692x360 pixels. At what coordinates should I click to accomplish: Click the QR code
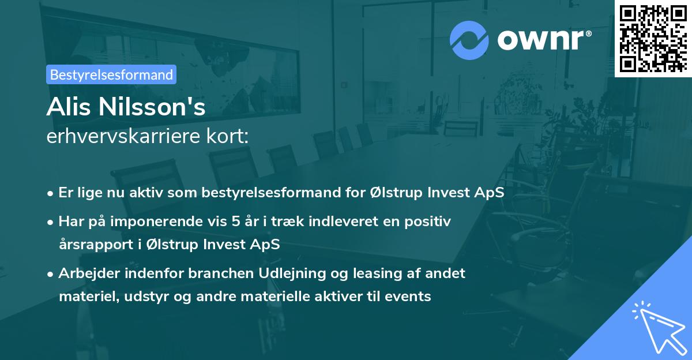pos(653,38)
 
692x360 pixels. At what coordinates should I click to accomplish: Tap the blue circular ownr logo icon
pos(469,40)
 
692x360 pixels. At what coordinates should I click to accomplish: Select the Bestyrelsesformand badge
pos(111,74)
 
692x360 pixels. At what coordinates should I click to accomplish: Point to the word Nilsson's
pos(152,107)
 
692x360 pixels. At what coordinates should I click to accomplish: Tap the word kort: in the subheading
pos(227,136)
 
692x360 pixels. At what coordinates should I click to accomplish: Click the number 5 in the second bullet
pos(236,222)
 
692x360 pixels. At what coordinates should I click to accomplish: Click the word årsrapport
pos(96,244)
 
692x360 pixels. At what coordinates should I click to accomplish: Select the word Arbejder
pos(89,273)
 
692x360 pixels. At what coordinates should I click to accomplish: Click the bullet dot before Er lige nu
pos(50,194)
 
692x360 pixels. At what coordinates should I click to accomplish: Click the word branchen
pos(221,273)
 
